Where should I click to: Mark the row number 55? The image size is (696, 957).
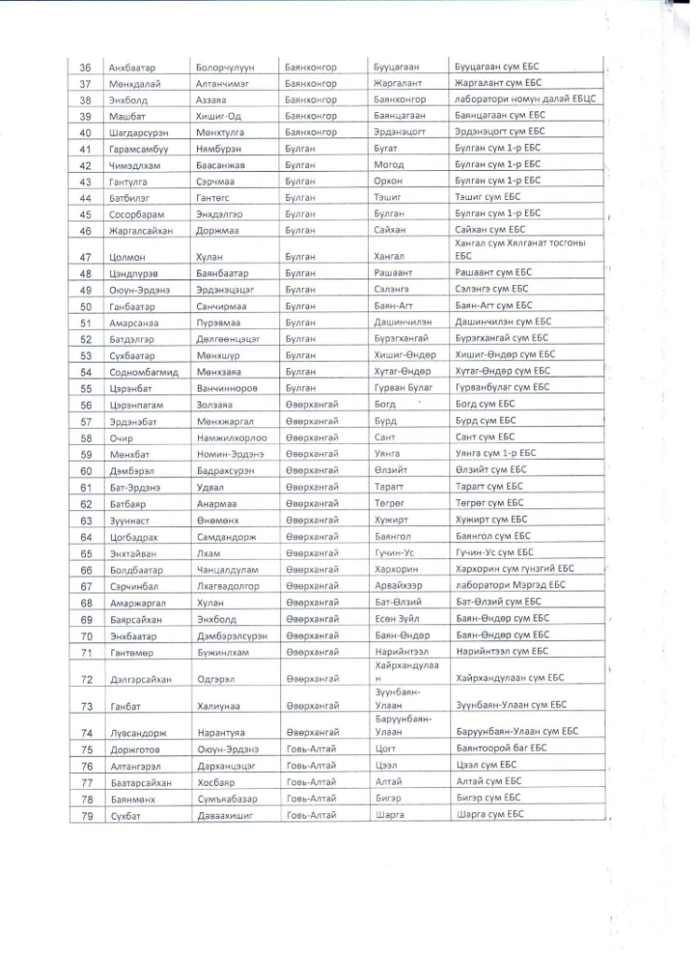[x=85, y=388]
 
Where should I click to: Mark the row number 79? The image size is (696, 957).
[x=85, y=814]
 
